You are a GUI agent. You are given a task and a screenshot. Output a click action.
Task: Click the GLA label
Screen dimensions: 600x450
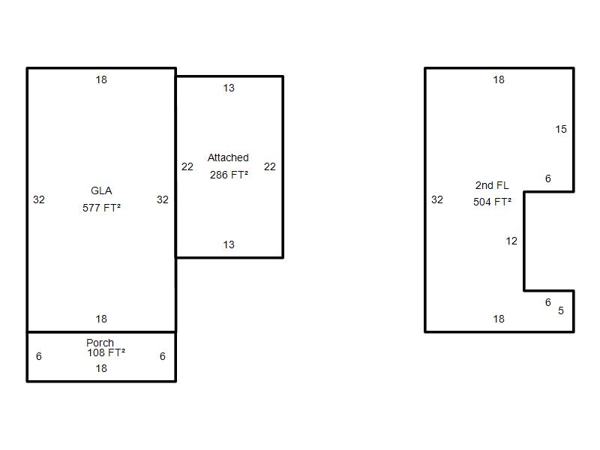coord(101,190)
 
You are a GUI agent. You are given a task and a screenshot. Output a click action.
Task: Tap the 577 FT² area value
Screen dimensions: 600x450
coord(101,208)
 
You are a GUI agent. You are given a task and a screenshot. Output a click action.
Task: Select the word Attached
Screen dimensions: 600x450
coord(228,157)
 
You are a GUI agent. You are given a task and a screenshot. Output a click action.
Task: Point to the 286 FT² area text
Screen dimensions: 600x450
coord(229,175)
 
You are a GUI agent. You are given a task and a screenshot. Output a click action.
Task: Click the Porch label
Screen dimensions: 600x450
coord(100,343)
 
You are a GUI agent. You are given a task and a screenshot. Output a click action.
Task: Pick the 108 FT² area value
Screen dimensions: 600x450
coord(106,352)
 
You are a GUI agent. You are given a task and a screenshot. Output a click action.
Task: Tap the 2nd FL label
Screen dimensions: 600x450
coord(492,185)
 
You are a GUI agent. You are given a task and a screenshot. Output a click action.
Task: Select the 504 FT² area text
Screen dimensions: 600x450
coord(492,202)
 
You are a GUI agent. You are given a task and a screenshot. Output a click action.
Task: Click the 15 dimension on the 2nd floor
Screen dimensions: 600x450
coord(561,129)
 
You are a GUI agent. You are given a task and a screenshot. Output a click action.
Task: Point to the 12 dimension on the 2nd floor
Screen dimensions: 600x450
coord(511,241)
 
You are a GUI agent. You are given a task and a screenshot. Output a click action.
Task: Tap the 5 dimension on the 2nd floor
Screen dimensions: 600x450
coord(561,310)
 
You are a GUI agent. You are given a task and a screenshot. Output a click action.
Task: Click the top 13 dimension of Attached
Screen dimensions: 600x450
coord(229,88)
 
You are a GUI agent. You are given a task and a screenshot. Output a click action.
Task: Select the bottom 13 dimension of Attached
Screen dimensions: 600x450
coord(229,244)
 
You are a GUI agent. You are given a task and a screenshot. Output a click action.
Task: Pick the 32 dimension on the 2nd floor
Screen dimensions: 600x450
coord(437,199)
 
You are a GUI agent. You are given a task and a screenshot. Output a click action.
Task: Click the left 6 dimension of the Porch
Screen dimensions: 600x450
coord(39,356)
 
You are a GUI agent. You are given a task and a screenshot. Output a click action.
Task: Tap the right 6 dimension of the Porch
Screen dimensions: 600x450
coord(163,356)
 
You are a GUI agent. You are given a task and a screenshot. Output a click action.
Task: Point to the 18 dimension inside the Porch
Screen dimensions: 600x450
coord(101,368)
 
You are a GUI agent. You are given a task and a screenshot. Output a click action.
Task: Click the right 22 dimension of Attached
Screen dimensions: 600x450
coord(270,166)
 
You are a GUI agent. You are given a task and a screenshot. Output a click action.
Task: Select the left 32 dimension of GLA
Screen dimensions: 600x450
coord(39,199)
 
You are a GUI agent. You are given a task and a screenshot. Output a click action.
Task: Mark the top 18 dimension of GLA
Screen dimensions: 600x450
coord(101,79)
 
